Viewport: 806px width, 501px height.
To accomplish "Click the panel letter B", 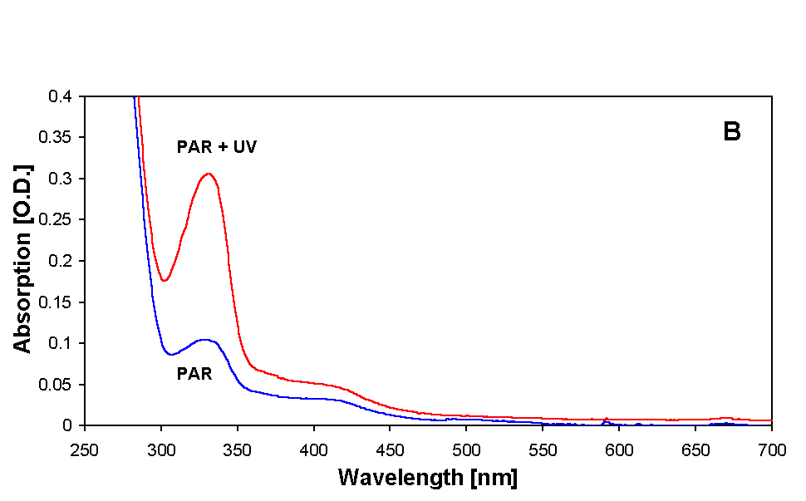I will point(731,133).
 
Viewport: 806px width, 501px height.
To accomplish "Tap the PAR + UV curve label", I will point(217,148).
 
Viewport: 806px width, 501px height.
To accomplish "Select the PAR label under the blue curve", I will point(194,374).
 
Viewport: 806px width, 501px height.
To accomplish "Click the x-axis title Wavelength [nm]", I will point(427,479).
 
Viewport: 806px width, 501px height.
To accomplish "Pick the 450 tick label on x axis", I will point(390,449).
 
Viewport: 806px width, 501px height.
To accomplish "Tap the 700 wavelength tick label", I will point(771,449).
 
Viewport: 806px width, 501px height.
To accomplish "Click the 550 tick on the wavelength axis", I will point(543,449).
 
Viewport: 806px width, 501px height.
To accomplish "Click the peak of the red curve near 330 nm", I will point(209,174).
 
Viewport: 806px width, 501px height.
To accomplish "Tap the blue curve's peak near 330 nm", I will point(204,339).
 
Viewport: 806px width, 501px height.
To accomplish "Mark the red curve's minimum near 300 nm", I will point(165,280).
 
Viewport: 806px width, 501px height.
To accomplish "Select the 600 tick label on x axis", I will point(619,449).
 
